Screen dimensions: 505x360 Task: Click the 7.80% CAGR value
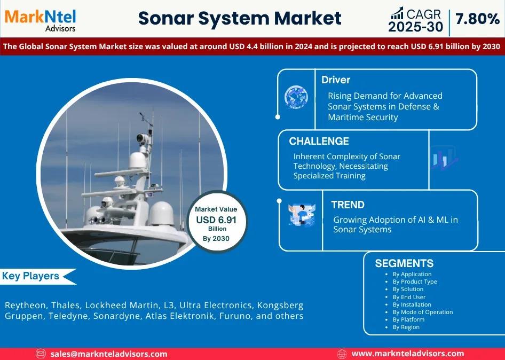tap(478, 19)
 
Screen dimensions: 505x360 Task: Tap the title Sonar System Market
tap(240, 18)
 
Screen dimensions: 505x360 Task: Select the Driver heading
tap(336, 80)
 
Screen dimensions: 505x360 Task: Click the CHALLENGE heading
tap(319, 141)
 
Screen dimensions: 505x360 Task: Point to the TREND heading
tap(348, 205)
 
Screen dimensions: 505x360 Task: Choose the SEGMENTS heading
tap(404, 263)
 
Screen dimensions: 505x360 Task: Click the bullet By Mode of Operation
tap(423, 312)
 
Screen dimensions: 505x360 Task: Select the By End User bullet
tap(409, 297)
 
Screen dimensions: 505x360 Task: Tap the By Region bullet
tap(406, 327)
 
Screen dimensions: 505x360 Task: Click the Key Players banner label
tap(30, 276)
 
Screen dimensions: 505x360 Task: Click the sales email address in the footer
tap(108, 354)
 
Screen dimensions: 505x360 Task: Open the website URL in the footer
tap(408, 354)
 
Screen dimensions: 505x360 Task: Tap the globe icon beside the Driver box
tap(296, 97)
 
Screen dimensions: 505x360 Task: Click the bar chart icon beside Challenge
tap(444, 158)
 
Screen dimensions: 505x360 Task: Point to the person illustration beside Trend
tap(302, 215)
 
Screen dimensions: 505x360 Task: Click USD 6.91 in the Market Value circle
tap(216, 220)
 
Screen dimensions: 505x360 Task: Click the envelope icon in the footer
tap(41, 354)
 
